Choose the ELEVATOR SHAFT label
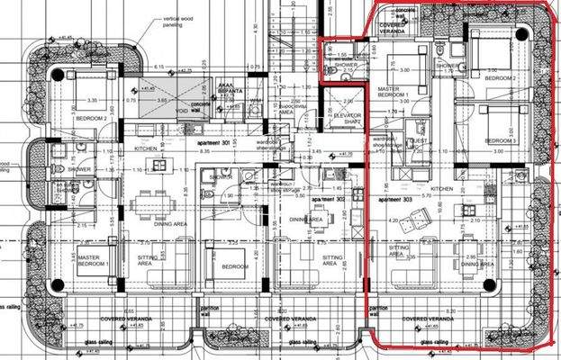(347, 117)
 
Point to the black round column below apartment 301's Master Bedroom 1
(58, 286)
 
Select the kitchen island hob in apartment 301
(160, 166)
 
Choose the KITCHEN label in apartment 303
(440, 190)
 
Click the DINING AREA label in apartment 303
(478, 265)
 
